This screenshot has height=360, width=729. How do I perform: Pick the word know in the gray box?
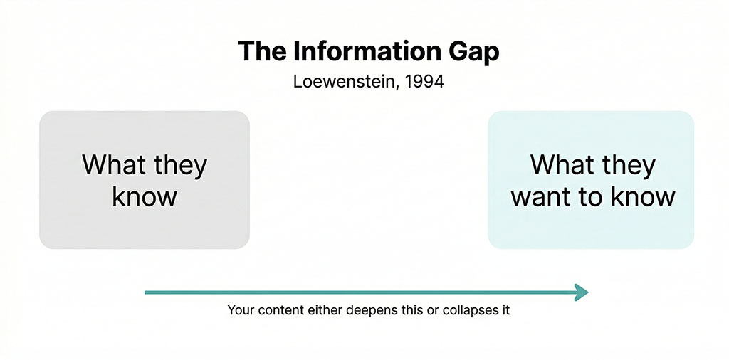point(145,196)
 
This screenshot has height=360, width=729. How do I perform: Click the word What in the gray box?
point(113,165)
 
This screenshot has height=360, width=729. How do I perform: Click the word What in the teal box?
point(562,165)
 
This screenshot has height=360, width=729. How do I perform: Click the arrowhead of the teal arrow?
point(582,292)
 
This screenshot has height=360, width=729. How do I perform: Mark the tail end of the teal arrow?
point(146,292)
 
